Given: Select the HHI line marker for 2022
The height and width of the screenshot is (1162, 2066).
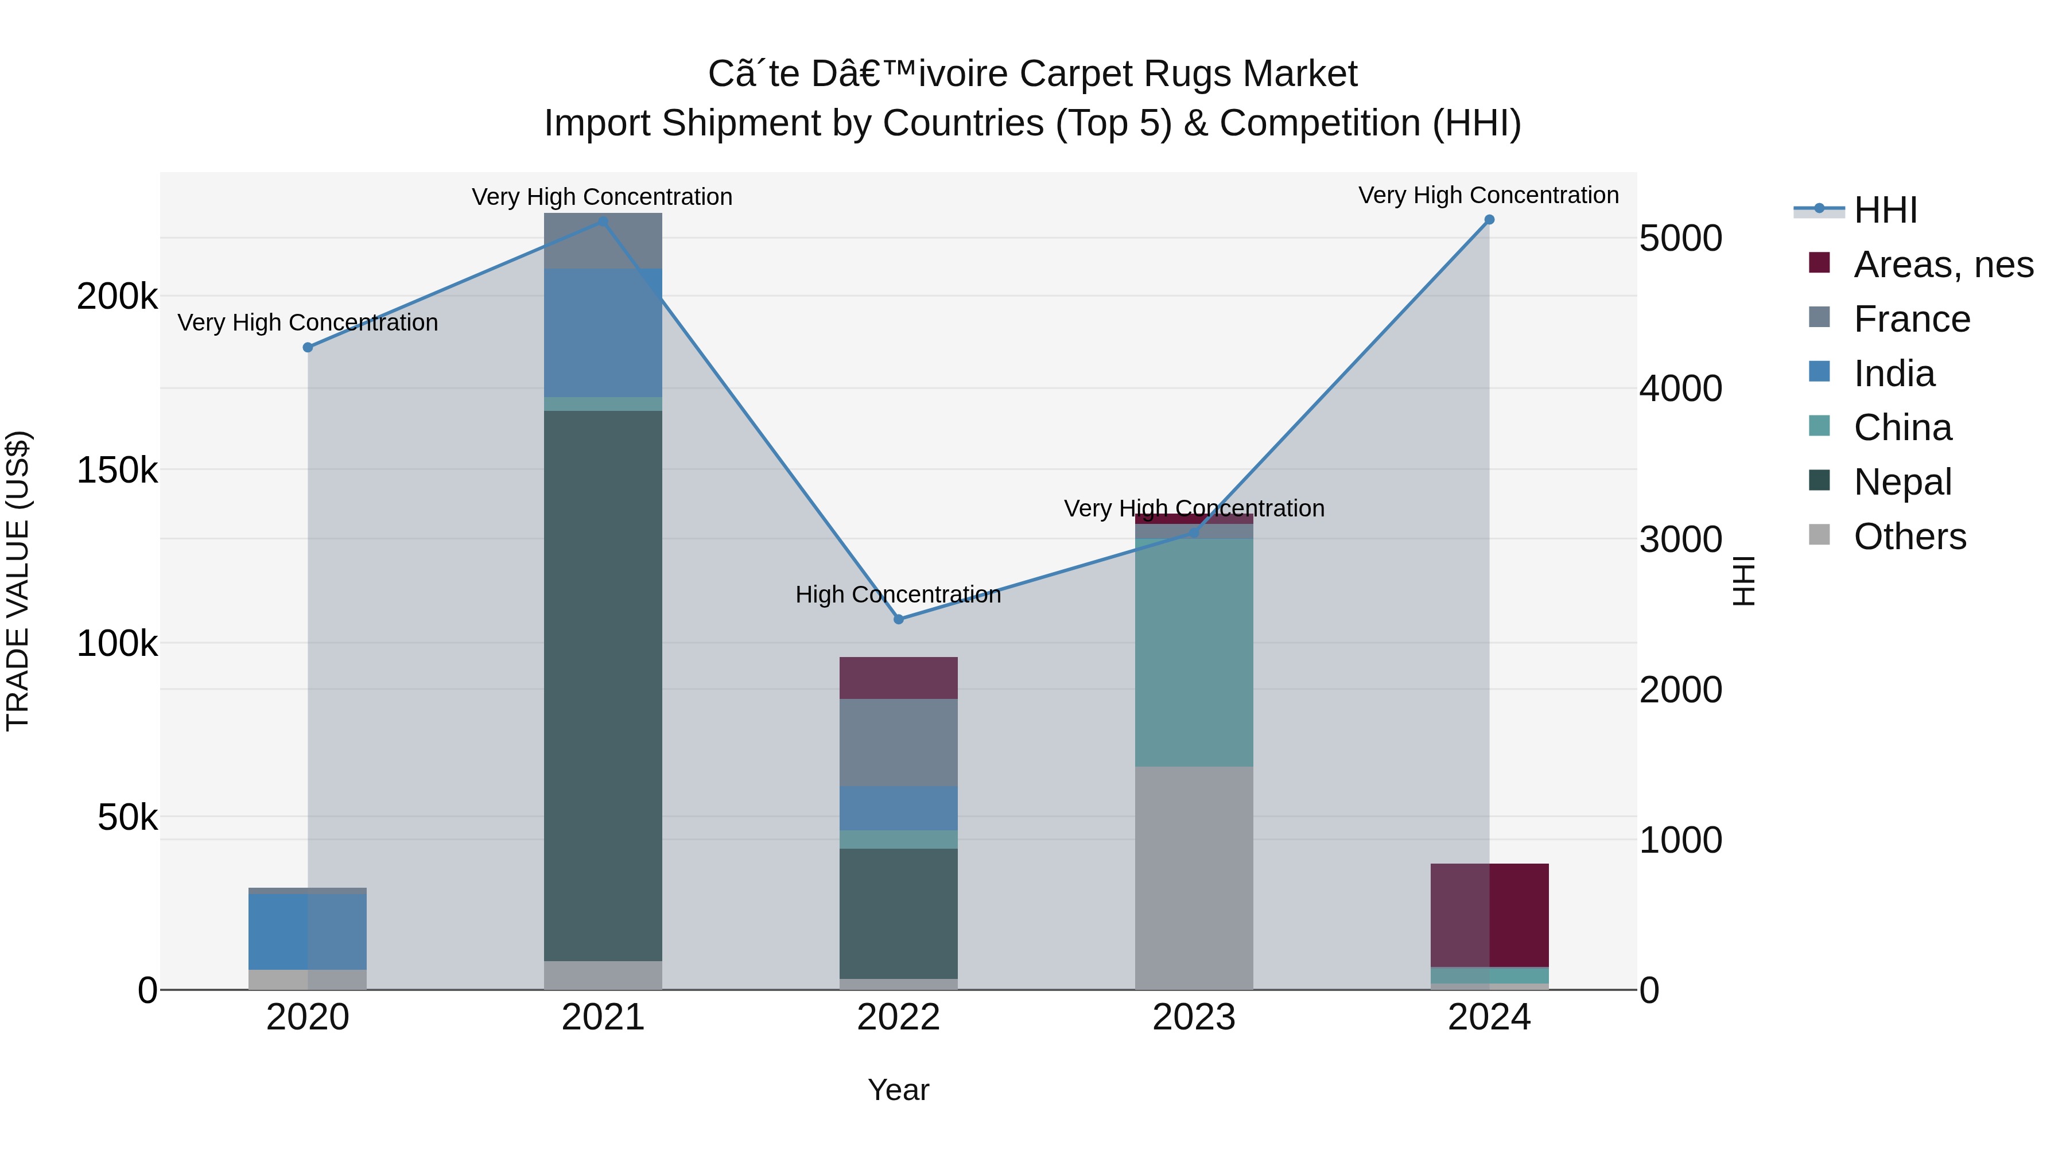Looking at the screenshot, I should [x=898, y=619].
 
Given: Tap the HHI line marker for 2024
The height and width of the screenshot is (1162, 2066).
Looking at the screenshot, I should [x=1489, y=220].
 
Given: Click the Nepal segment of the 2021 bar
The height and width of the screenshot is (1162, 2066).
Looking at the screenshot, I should [x=603, y=686].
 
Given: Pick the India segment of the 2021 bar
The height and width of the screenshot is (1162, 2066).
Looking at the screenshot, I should [x=603, y=333].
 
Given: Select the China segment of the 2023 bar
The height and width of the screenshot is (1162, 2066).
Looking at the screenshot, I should [x=1194, y=651].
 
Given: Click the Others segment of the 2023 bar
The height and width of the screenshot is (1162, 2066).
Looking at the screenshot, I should [x=1194, y=877].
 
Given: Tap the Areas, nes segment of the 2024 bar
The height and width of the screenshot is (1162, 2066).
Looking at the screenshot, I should [x=1489, y=915].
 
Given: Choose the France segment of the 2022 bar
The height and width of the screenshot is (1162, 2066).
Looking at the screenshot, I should [x=898, y=742].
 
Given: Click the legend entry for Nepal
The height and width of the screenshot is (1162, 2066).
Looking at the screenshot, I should [x=1902, y=482].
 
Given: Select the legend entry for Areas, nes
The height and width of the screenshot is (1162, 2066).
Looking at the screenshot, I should [x=1943, y=265].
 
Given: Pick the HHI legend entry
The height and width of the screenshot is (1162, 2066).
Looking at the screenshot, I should [x=1885, y=210].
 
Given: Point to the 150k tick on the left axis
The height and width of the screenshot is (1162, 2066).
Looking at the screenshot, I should [x=117, y=470].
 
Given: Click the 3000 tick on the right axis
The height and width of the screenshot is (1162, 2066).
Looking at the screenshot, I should [x=1680, y=540].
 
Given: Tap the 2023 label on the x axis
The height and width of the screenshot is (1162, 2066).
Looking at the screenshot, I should [x=1194, y=1017].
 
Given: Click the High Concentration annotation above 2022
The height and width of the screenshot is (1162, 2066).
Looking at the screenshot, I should [x=898, y=594].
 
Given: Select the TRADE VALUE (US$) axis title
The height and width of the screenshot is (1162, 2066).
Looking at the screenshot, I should [x=18, y=581].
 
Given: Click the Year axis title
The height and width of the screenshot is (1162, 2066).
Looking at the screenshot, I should [x=898, y=1090].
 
